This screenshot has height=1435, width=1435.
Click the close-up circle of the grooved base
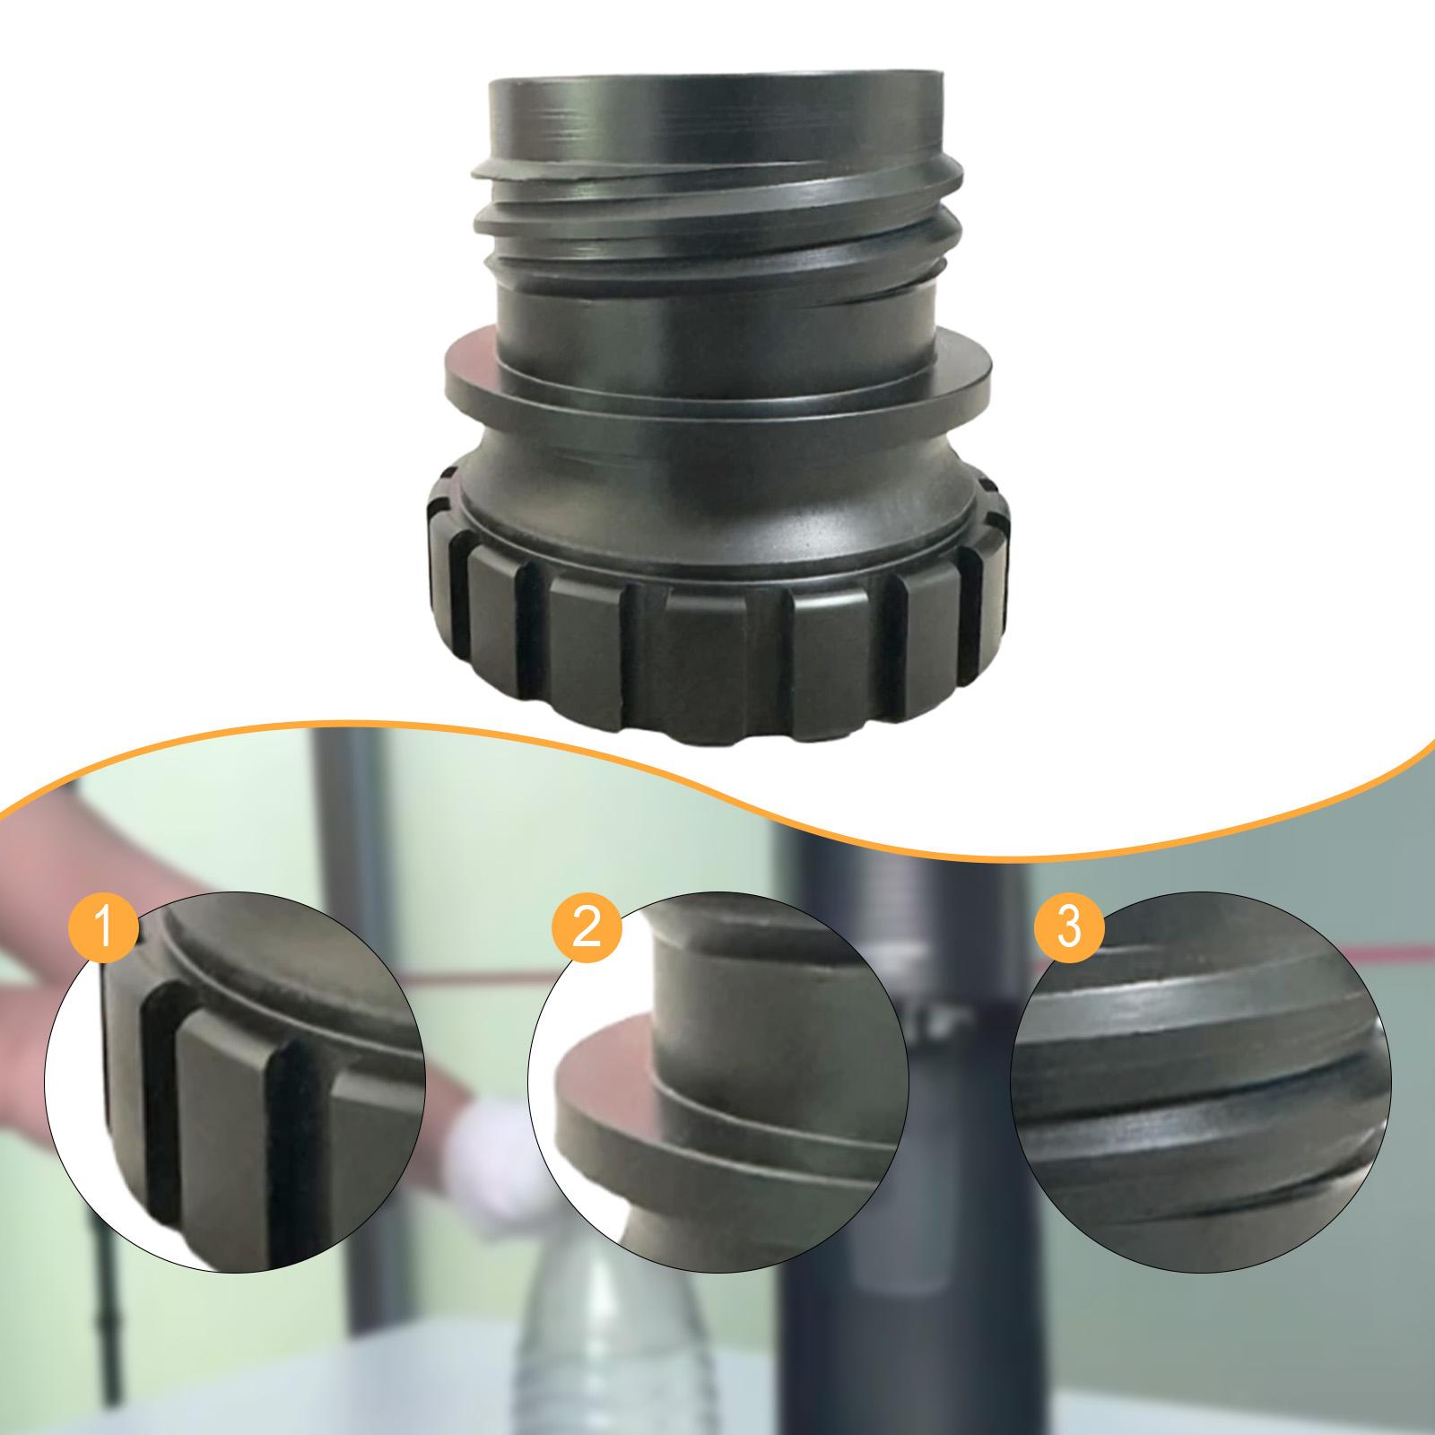point(235,1081)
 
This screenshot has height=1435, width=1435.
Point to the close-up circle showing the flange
point(717,1081)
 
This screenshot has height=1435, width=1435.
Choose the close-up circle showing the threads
point(1201,1081)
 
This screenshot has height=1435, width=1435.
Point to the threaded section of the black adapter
point(717,224)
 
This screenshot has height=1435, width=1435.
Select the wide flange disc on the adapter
point(717,381)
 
